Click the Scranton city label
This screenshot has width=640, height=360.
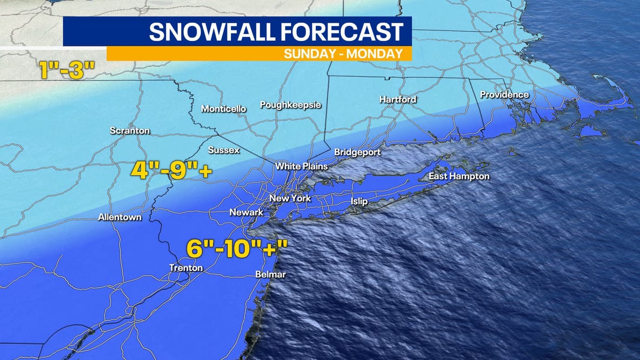[x=130, y=131]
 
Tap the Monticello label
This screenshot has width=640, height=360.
[x=223, y=109]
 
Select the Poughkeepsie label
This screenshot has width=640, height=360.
[x=290, y=105]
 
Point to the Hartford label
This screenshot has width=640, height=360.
[x=397, y=99]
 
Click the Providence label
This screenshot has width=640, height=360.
[x=504, y=95]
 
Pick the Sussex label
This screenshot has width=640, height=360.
[x=224, y=150]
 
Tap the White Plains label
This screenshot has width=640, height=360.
[x=301, y=166]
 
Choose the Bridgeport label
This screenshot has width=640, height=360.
[x=357, y=152]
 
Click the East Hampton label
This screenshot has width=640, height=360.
[x=459, y=176]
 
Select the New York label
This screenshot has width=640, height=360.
[x=290, y=198]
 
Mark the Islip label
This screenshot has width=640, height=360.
[x=359, y=202]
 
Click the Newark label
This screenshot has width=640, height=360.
[x=246, y=212]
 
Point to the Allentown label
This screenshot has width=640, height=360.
[x=120, y=217]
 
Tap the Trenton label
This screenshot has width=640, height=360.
[x=186, y=268]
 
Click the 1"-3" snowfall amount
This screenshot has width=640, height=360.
[x=67, y=70]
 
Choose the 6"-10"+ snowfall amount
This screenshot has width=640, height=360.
[x=237, y=249]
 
